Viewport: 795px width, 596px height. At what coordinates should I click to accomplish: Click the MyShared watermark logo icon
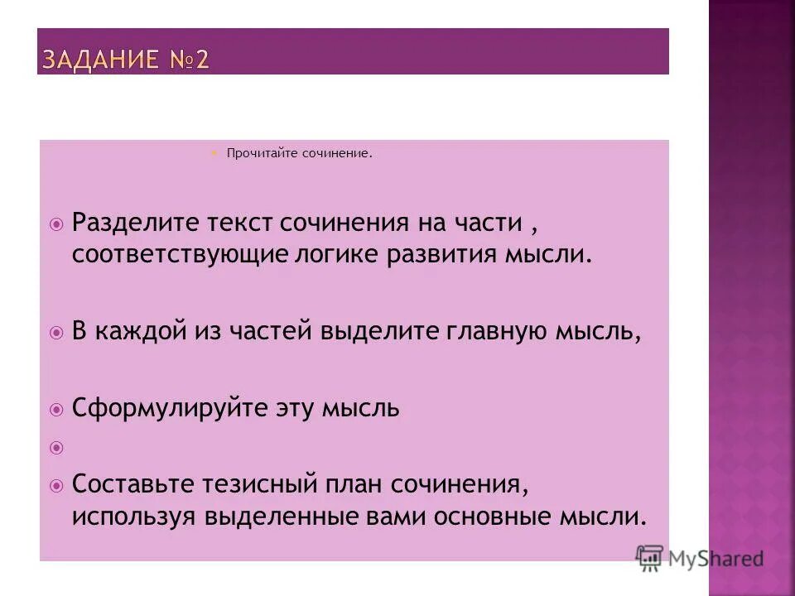pyautogui.click(x=649, y=559)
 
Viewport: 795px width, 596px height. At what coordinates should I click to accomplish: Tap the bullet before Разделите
pyautogui.click(x=56, y=224)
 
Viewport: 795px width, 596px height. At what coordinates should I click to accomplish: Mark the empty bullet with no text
pyautogui.click(x=56, y=447)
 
